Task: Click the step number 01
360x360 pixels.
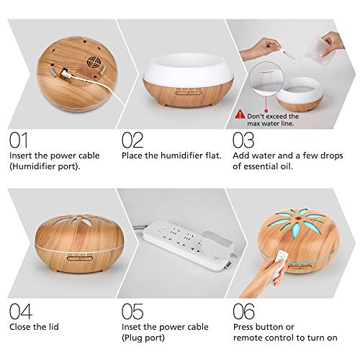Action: coord(19,140)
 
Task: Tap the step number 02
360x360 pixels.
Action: coord(132,140)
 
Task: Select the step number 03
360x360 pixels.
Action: coord(243,140)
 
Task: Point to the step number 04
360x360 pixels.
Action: coord(21,311)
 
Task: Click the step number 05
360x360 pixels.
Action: coord(132,311)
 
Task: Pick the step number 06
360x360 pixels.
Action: coord(244,311)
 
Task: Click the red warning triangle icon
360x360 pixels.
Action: coord(240,114)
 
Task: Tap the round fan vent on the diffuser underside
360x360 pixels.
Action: coord(94,63)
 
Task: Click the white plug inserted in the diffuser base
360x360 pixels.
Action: coord(66,73)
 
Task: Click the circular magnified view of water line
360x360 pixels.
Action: coord(266,78)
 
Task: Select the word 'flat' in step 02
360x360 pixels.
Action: coord(212,156)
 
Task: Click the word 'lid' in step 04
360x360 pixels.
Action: coord(53,327)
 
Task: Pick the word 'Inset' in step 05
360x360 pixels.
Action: coord(132,327)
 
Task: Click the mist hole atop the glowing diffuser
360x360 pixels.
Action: coord(298,218)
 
